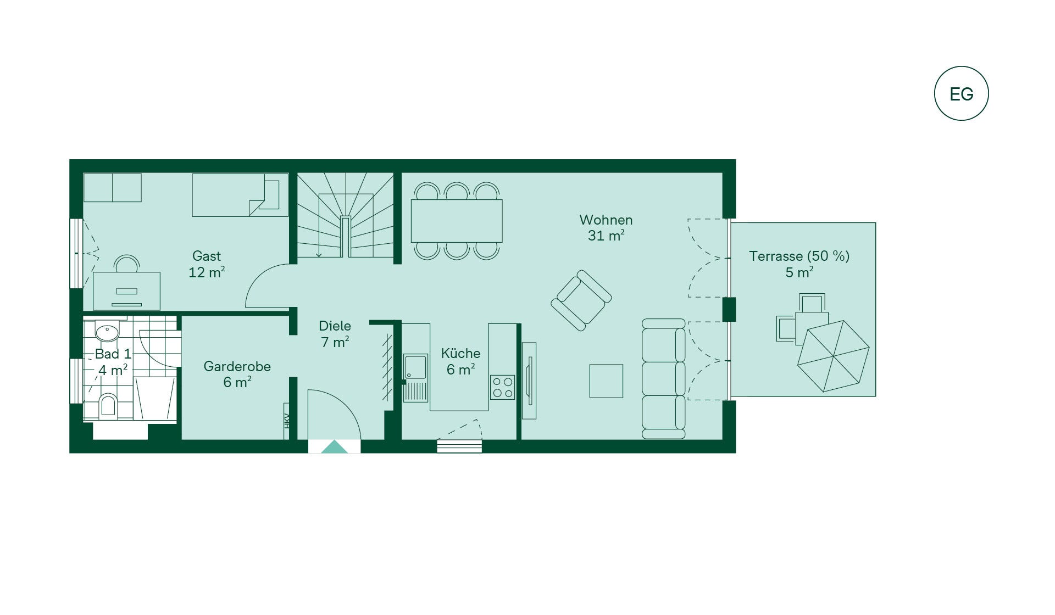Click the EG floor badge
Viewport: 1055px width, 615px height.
961,93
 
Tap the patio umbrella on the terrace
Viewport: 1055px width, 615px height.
833,356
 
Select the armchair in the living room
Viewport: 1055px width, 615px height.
581,300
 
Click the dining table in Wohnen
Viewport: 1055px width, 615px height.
457,221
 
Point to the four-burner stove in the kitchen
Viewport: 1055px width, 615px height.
502,387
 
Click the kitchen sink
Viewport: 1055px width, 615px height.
415,367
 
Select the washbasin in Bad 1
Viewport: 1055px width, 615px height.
107,332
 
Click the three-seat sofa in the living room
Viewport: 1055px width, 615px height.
664,379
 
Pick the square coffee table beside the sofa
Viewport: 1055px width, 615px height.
606,381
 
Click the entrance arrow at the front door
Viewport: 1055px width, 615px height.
334,446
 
